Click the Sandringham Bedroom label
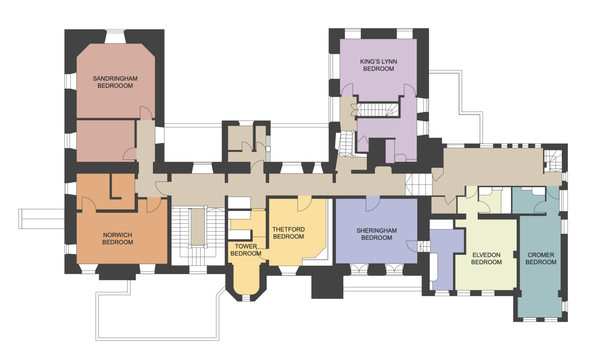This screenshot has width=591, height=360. [115, 82]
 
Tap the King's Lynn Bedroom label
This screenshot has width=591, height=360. [378, 65]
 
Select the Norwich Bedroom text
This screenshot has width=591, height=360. [117, 238]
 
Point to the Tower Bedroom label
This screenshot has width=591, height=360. [246, 250]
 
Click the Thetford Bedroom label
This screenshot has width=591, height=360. [289, 233]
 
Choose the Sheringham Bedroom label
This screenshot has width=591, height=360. [376, 234]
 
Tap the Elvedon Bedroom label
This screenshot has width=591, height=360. [486, 258]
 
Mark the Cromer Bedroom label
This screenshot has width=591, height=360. [541, 258]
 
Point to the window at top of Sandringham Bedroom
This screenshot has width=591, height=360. [115, 37]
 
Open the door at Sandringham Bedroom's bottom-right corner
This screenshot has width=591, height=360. [146, 113]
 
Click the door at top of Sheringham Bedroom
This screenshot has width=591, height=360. [372, 203]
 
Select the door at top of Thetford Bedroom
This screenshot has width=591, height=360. [304, 203]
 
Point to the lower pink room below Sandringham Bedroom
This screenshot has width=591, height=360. [105, 141]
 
